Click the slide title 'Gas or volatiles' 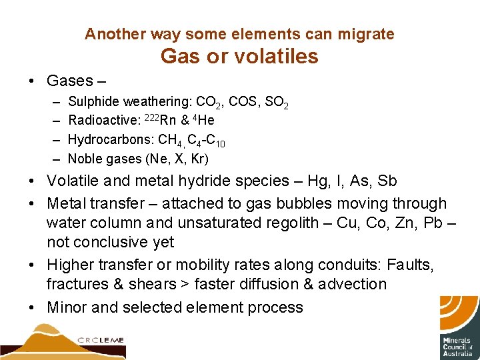tap(239, 57)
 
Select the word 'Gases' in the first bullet tap(70, 81)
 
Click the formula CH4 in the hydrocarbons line tap(168, 140)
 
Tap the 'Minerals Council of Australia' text tap(457, 347)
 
